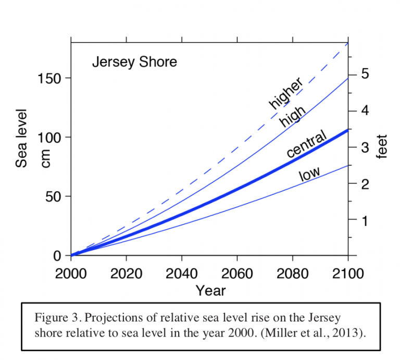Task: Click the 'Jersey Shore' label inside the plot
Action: pyautogui.click(x=134, y=62)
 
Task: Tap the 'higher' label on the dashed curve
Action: pyautogui.click(x=286, y=94)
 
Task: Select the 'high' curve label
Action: pyautogui.click(x=292, y=115)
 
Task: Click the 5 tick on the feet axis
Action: pyautogui.click(x=365, y=74)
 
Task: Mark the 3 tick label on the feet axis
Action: pyautogui.click(x=365, y=147)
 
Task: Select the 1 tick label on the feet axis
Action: pyautogui.click(x=365, y=220)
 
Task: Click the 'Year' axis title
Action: pyautogui.click(x=210, y=290)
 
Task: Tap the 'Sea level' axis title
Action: pyautogui.click(x=21, y=138)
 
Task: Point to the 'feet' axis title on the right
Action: pyautogui.click(x=384, y=147)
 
